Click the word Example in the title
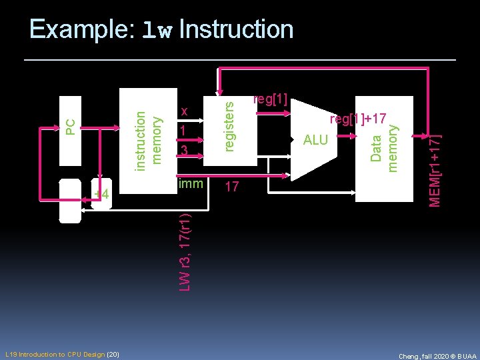(x=81, y=30)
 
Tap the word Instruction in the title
(x=236, y=30)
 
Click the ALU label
(x=315, y=139)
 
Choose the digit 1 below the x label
(x=183, y=131)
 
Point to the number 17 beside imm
(x=231, y=187)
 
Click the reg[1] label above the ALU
(x=270, y=100)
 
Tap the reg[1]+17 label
(x=359, y=119)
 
